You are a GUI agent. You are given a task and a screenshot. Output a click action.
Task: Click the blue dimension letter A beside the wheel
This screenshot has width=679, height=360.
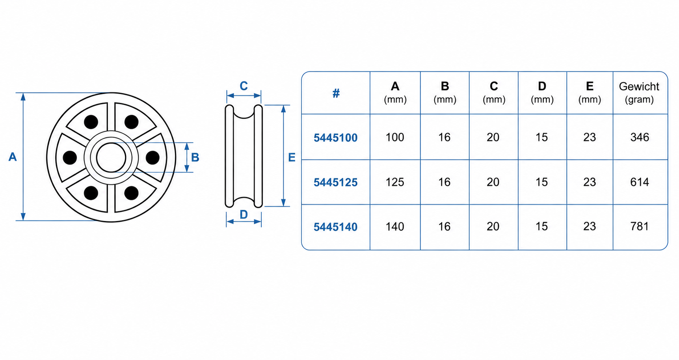[x=13, y=157]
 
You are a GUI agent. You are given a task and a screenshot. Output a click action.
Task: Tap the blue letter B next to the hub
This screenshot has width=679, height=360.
[x=195, y=157]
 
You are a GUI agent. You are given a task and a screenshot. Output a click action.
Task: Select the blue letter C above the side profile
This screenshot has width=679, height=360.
[x=244, y=86]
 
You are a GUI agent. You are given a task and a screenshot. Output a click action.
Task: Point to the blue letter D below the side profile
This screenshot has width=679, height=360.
[x=244, y=215]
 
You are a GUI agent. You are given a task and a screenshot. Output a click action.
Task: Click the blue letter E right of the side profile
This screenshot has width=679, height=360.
[x=292, y=157]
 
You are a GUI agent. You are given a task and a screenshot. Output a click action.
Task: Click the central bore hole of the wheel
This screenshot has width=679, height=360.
[x=111, y=157]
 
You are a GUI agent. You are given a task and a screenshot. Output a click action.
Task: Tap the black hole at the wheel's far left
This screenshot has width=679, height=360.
[x=70, y=157]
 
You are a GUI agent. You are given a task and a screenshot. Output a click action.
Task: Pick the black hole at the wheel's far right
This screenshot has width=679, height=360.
[x=153, y=157]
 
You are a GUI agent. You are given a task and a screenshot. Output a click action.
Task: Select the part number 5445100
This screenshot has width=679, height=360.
[x=335, y=138]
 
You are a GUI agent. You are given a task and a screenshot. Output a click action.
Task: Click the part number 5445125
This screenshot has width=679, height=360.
[x=335, y=182]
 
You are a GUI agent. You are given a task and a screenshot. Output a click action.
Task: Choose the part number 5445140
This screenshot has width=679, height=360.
[x=335, y=227]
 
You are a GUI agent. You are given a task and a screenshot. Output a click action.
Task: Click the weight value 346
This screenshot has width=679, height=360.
[x=640, y=137]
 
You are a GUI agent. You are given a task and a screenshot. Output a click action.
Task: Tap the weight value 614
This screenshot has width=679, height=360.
[x=640, y=182]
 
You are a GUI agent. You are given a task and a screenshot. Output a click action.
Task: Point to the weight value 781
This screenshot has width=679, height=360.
[x=640, y=226]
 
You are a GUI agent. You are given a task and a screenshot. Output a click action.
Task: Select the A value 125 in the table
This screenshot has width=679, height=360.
[x=395, y=182]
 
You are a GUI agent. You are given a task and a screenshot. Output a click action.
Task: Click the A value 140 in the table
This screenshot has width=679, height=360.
[x=395, y=226]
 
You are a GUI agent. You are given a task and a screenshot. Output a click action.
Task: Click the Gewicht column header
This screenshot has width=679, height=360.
[x=639, y=93]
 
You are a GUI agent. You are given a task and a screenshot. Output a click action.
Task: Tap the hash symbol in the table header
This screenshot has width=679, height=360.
[x=336, y=93]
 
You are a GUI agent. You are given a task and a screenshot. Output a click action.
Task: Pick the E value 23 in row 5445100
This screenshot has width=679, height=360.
[x=590, y=137]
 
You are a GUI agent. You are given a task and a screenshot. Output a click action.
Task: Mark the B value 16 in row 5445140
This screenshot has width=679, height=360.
[x=444, y=226]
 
